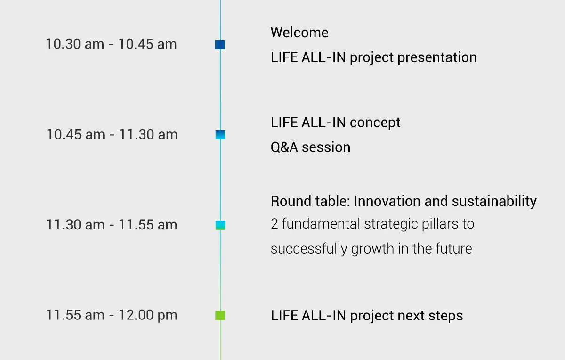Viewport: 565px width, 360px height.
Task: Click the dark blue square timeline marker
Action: pyautogui.click(x=220, y=45)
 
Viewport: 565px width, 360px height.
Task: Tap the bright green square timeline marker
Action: pyautogui.click(x=220, y=315)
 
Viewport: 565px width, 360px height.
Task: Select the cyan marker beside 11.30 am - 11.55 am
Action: pyautogui.click(x=220, y=225)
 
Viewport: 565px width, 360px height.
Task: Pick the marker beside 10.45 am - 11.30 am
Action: pyautogui.click(x=220, y=135)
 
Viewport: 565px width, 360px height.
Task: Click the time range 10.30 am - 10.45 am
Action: pyautogui.click(x=111, y=44)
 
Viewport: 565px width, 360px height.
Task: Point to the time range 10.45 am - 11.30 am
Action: pyautogui.click(x=112, y=135)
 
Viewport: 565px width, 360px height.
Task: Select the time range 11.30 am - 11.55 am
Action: pyautogui.click(x=112, y=225)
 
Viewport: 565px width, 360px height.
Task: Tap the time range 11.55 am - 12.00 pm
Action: pyautogui.click(x=112, y=315)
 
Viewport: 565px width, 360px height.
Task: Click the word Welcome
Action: pyautogui.click(x=299, y=33)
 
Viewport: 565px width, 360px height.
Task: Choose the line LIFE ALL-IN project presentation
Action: pyautogui.click(x=373, y=57)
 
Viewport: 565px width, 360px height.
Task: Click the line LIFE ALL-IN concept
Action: pyautogui.click(x=335, y=123)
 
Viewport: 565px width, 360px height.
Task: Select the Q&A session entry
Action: pyautogui.click(x=310, y=147)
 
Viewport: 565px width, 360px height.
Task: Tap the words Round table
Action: pyautogui.click(x=309, y=201)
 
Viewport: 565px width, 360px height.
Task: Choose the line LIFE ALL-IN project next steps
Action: pyautogui.click(x=367, y=316)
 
